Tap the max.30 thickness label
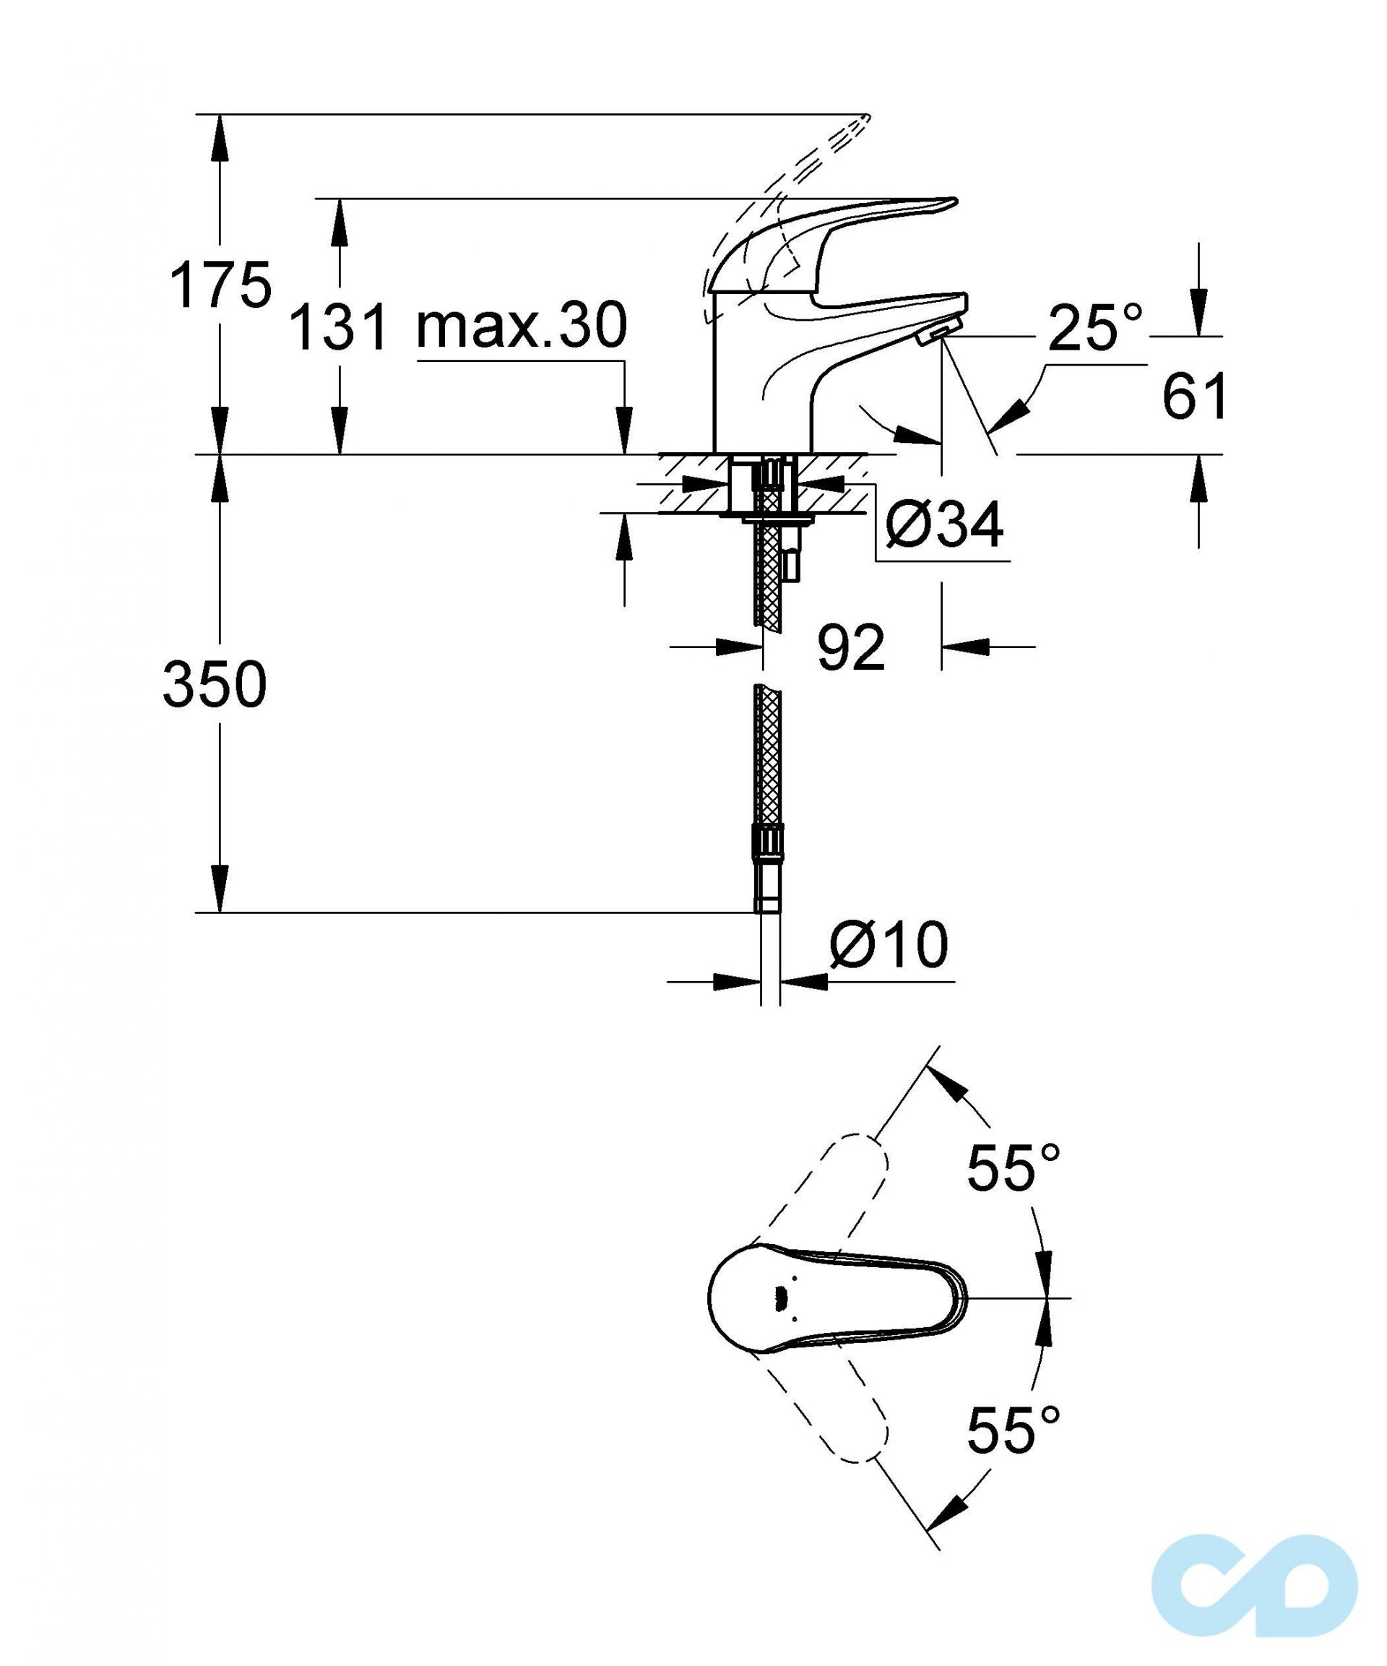pyautogui.click(x=522, y=325)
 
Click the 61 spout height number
pyautogui.click(x=1194, y=396)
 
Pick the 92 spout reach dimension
pyautogui.click(x=850, y=647)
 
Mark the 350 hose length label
pyautogui.click(x=215, y=686)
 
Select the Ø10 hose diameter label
pyautogui.click(x=889, y=945)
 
